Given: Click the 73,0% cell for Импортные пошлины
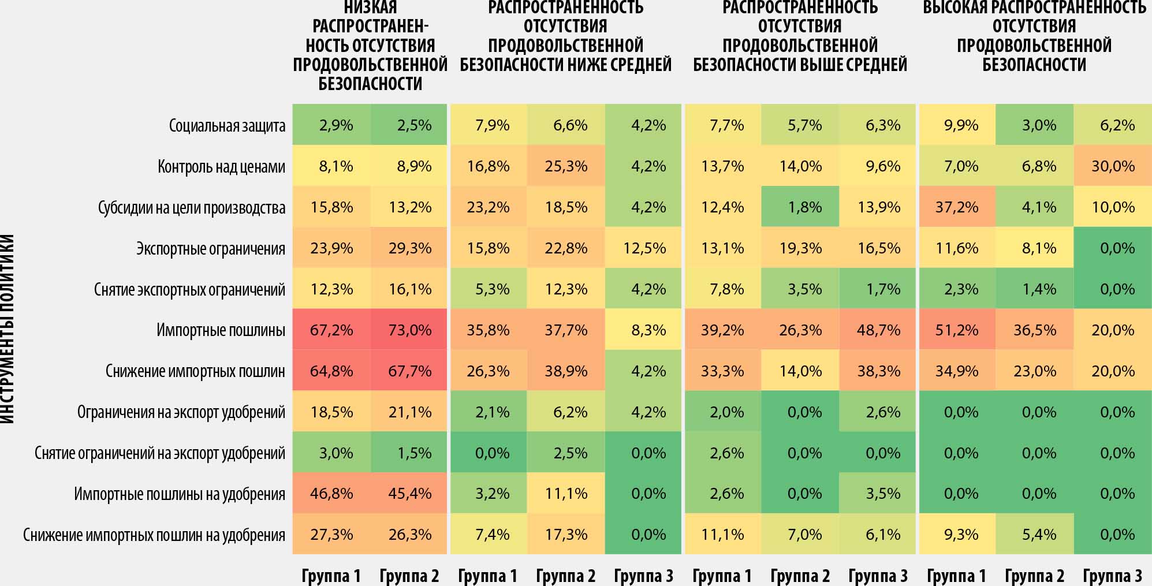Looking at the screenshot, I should [409, 330].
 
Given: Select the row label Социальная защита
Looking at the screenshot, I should [227, 125].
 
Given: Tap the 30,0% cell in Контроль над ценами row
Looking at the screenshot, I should [1113, 166].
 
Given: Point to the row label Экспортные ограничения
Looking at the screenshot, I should [211, 248].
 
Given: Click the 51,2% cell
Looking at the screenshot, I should [957, 330].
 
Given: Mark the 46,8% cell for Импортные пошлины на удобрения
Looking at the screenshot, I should [331, 494].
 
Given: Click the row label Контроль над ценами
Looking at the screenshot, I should [221, 166].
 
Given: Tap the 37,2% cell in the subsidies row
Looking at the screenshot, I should [957, 207].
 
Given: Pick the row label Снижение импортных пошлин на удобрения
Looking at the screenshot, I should [154, 535].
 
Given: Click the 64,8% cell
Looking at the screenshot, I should [331, 371].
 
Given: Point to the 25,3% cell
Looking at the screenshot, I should [566, 166].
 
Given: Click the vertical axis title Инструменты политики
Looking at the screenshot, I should [7, 329].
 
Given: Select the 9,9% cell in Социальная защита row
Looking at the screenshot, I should [961, 125].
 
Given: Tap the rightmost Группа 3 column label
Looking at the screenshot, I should [1112, 576].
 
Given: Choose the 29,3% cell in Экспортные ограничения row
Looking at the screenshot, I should [409, 248].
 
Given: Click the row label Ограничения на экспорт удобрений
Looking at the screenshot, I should [181, 412].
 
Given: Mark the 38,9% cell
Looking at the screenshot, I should [566, 371].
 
